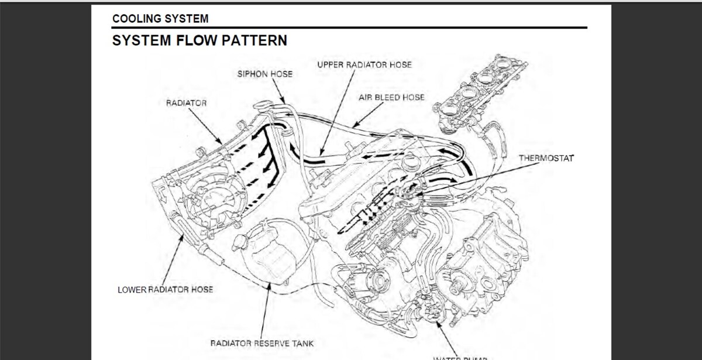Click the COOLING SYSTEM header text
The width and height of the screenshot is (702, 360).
[x=160, y=19]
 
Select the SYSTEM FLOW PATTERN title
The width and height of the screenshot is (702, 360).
[x=199, y=41]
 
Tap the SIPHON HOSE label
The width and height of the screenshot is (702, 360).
[x=264, y=74]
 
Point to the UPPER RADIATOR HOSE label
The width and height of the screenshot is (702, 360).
[x=364, y=65]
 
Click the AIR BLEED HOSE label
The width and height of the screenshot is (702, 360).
[x=391, y=97]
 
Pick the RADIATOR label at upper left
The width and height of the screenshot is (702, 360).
[x=186, y=103]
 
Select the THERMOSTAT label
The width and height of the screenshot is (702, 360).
[x=546, y=159]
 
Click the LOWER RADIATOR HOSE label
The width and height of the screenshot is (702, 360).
[x=166, y=290]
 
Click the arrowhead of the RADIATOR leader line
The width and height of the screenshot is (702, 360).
[x=221, y=142]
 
